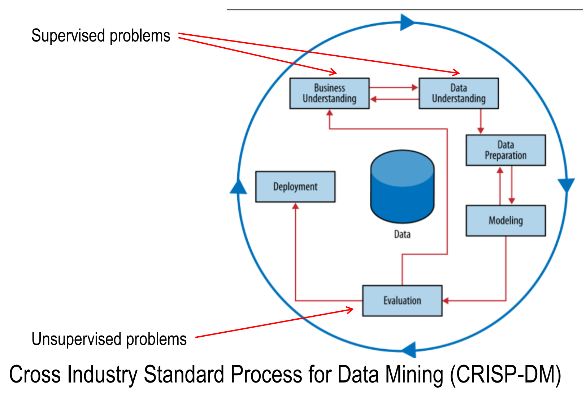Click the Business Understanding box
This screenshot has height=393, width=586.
pos(330,94)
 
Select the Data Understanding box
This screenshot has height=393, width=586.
pos(459,94)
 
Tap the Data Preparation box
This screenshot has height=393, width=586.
pos(506,150)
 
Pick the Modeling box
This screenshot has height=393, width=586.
pos(506,221)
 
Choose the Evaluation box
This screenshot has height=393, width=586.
pos(402,301)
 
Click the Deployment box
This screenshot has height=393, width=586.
pos(295,187)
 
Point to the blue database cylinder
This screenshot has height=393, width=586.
pos(402,186)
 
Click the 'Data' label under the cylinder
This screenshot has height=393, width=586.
pos(402,234)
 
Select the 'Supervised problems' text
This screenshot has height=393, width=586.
pos(101,36)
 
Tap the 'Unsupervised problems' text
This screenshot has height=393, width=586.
pos(109,339)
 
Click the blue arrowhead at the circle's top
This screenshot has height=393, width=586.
pos(407,22)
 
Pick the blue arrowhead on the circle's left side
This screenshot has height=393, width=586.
pos(238,186)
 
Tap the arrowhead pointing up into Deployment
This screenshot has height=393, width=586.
pos(295,206)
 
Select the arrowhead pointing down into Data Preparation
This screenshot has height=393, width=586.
pos(481,131)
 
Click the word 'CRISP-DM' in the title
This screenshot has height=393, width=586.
pos(506,375)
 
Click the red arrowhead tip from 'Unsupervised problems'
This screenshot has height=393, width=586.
pos(353,309)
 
